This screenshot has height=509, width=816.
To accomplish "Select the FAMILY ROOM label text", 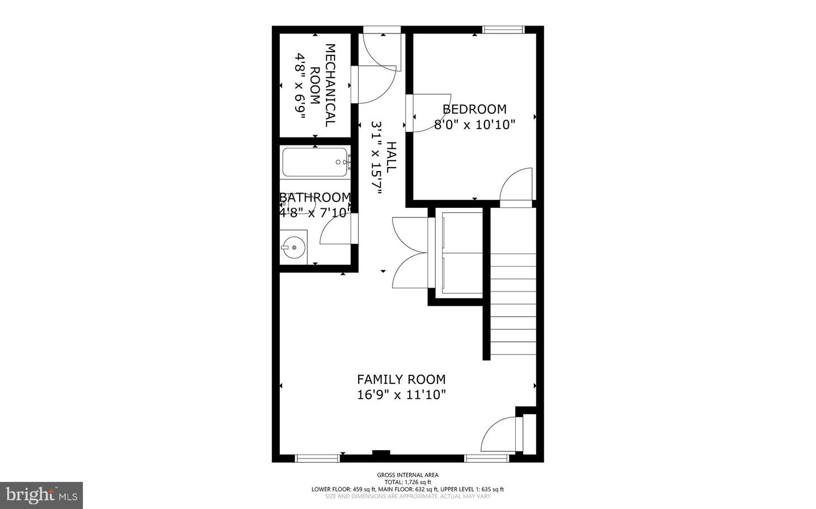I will (401, 379).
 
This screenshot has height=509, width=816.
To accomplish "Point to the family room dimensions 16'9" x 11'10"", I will (401, 395).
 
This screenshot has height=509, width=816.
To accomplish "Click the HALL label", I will (391, 157).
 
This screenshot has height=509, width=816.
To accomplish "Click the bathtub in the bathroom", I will (315, 162).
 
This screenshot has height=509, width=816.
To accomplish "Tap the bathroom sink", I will (293, 247).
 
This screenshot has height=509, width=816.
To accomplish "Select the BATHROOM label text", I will (315, 198).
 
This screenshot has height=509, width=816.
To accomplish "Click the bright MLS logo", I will (41, 495).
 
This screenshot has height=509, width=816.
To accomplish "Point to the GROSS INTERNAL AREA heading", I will (407, 475).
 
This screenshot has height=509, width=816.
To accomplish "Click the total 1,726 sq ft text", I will (407, 482).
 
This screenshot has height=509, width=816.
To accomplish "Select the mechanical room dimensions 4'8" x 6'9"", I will (300, 85).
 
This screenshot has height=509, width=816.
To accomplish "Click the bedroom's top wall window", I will (503, 29).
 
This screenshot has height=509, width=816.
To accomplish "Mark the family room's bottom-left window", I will (317, 458).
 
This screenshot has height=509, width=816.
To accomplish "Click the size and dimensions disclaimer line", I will (407, 497).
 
